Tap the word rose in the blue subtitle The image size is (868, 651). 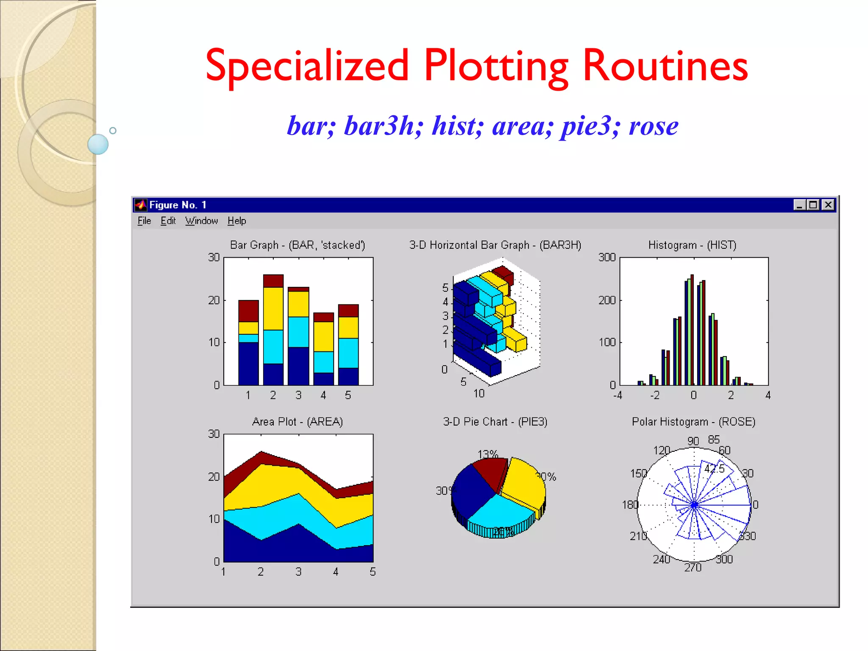(x=654, y=126)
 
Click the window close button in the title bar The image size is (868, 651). (x=828, y=205)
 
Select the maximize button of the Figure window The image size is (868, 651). (x=813, y=205)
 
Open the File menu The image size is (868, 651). (x=144, y=221)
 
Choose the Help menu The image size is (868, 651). (x=236, y=221)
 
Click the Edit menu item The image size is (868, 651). (x=168, y=221)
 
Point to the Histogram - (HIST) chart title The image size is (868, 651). (x=692, y=245)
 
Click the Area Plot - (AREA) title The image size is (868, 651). (x=298, y=422)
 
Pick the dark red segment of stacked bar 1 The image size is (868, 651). (x=248, y=311)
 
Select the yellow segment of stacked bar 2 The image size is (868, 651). (x=273, y=309)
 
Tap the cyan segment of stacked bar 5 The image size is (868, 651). (x=348, y=353)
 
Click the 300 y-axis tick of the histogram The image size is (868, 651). (x=606, y=257)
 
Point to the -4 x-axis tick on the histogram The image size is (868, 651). (x=618, y=395)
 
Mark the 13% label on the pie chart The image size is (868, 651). (x=487, y=454)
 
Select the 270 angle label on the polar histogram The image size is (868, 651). (x=693, y=568)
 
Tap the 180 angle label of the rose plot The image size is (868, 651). (x=630, y=505)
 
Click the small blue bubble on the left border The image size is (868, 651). (x=98, y=144)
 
